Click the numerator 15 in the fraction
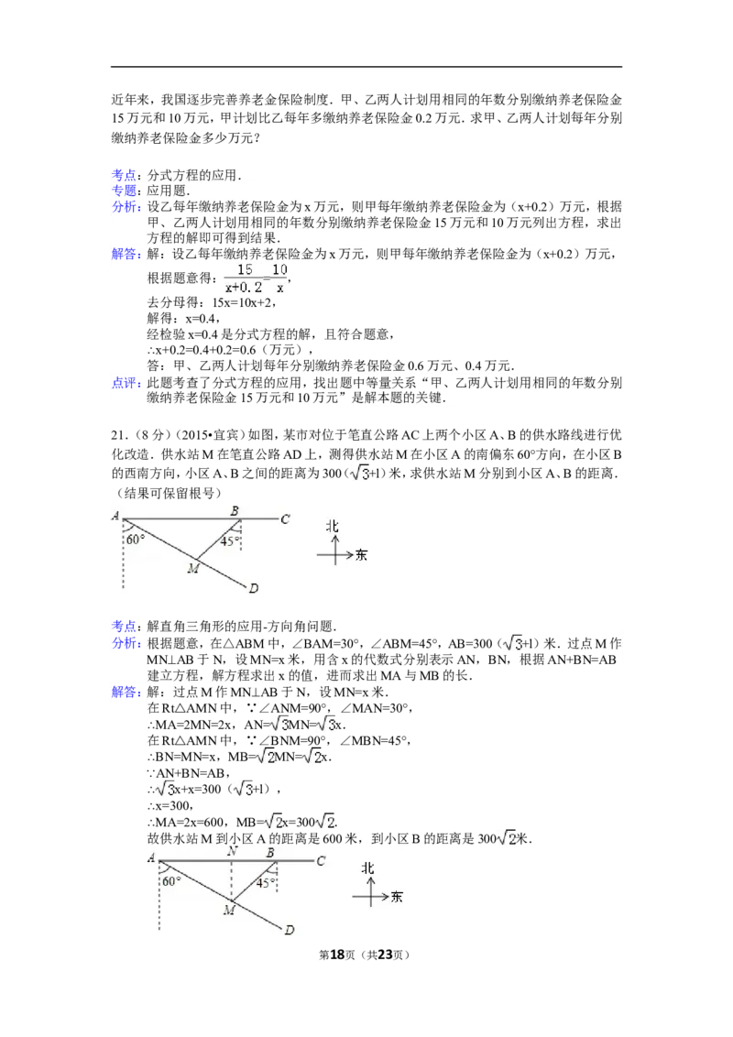coord(245,269)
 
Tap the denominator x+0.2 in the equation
coord(243,288)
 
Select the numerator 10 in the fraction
coord(280,269)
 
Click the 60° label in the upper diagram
coord(136,540)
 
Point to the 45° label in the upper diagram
coord(230,541)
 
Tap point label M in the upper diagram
coord(193,569)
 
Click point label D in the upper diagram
coord(253,586)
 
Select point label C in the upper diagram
coord(285,519)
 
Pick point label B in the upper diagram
coord(235,510)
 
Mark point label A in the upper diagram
coord(116,517)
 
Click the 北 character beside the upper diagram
coord(334,526)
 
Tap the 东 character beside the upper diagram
coord(360,554)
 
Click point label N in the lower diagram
coord(232,851)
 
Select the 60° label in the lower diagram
coord(171,881)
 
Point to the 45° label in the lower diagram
coord(266,883)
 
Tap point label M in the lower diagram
coord(229,910)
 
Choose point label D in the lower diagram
coord(289,930)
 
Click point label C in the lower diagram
coord(321,861)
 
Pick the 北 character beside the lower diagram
coord(368,868)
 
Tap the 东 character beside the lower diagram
coord(396,897)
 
